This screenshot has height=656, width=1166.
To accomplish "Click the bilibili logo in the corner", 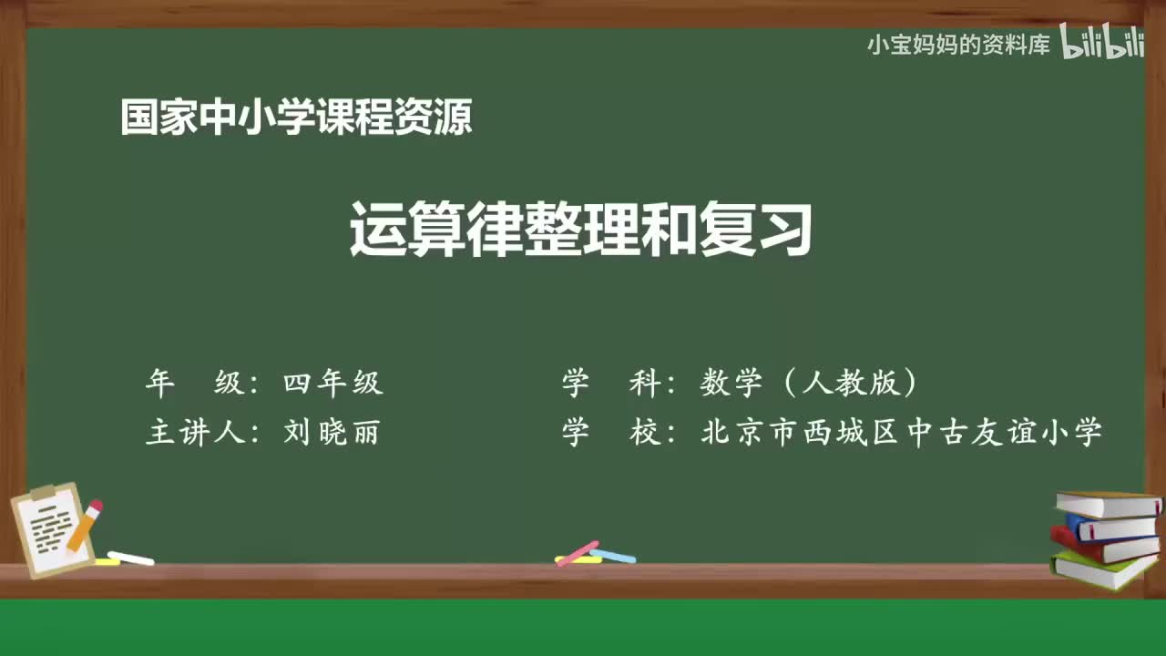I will pyautogui.click(x=1102, y=43).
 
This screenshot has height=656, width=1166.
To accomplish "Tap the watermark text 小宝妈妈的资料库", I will pyautogui.click(x=958, y=45).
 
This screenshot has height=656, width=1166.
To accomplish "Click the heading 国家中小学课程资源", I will pyautogui.click(x=296, y=118).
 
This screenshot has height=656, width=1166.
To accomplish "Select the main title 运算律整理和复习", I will pyautogui.click(x=580, y=231).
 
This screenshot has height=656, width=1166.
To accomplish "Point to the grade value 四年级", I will pyautogui.click(x=333, y=384).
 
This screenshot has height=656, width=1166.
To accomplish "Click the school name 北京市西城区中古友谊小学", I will pyautogui.click(x=902, y=432).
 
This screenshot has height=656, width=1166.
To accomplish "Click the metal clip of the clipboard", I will pyautogui.click(x=44, y=493).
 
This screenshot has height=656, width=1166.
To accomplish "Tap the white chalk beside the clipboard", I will pyautogui.click(x=130, y=558).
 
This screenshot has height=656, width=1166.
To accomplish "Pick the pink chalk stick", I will pyautogui.click(x=577, y=553).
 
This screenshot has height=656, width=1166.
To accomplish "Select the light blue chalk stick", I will pyautogui.click(x=613, y=555).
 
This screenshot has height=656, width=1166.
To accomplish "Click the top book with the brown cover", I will pyautogui.click(x=1108, y=504).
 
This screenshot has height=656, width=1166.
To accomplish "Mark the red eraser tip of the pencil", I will pyautogui.click(x=96, y=506).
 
